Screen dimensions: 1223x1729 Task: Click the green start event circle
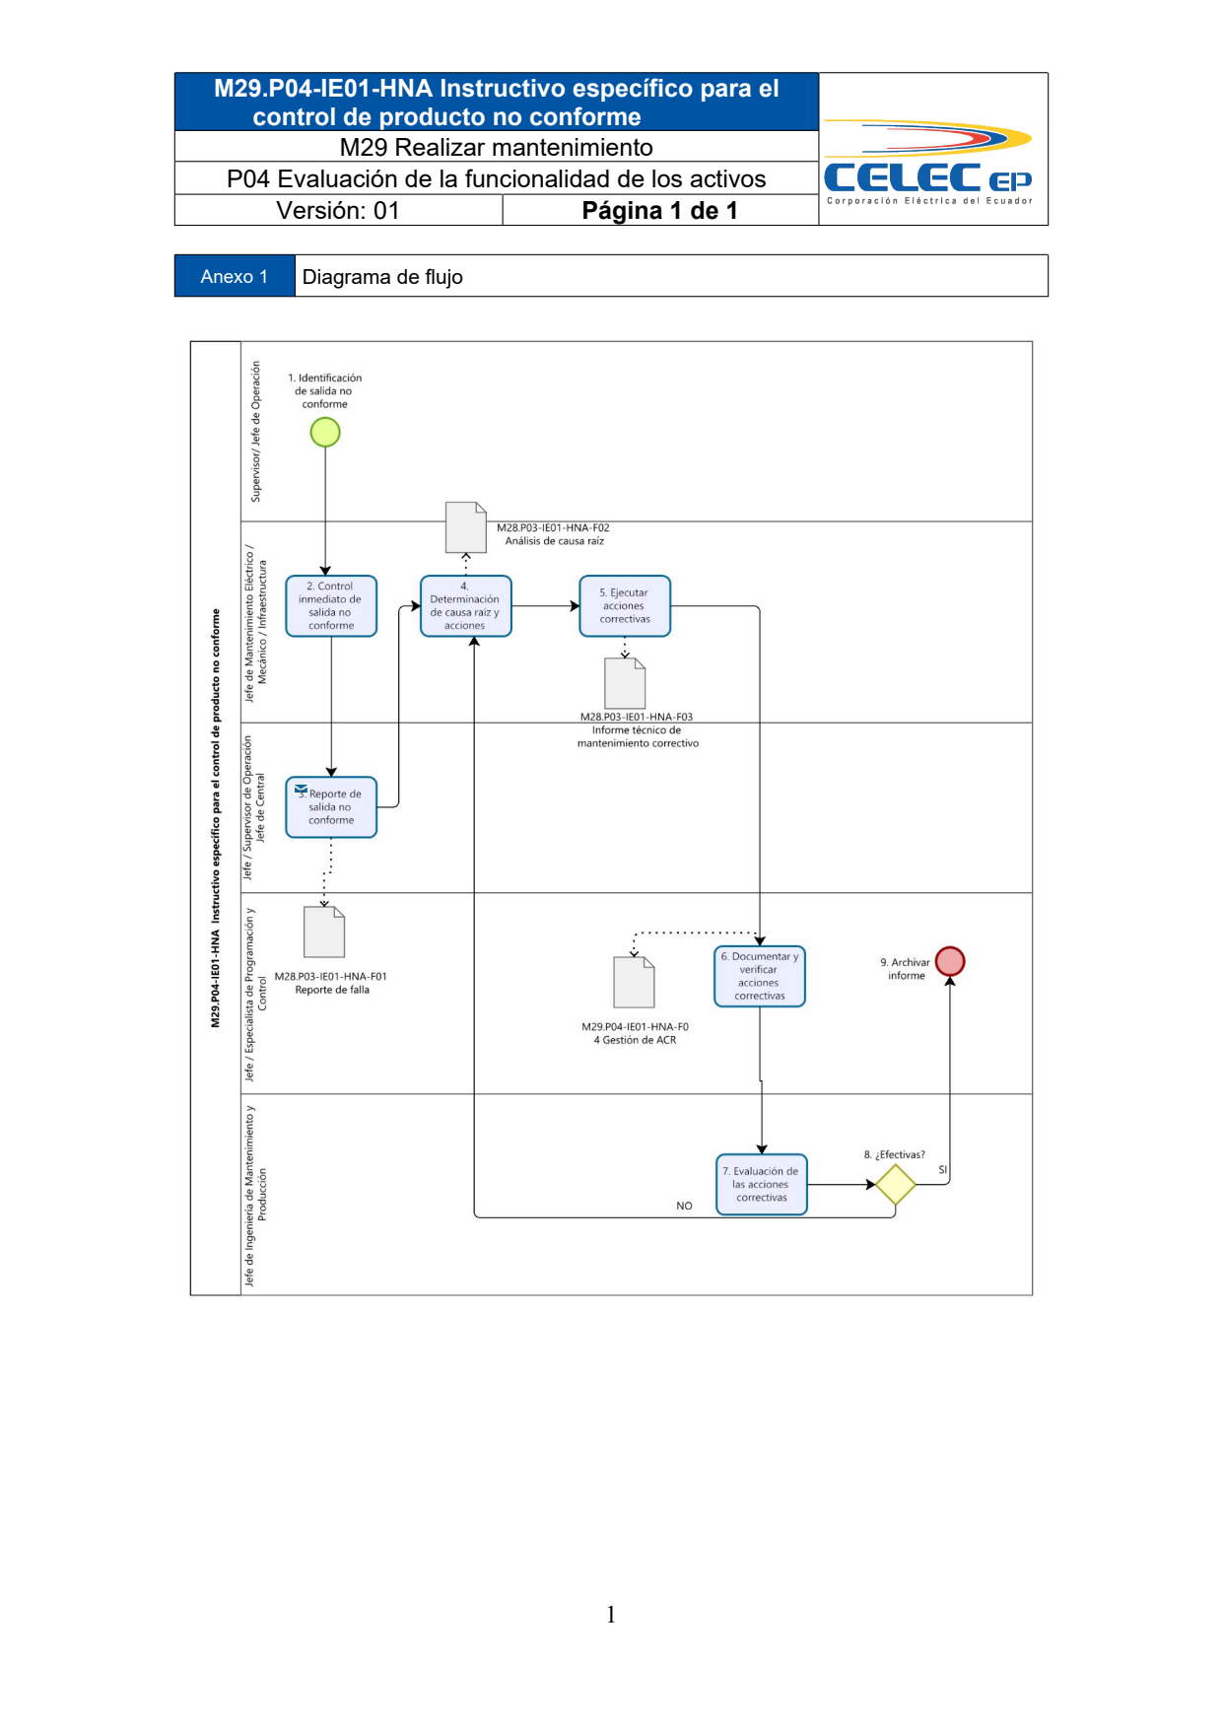pyautogui.click(x=325, y=432)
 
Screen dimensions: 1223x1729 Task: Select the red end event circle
pyautogui.click(x=950, y=961)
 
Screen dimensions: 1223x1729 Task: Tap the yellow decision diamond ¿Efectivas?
pyautogui.click(x=896, y=1185)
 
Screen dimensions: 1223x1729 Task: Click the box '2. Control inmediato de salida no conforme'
pyautogui.click(x=331, y=606)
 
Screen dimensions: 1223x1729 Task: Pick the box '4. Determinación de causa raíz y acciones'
pyautogui.click(x=465, y=606)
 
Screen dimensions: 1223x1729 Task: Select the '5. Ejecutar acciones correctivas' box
pyautogui.click(x=625, y=606)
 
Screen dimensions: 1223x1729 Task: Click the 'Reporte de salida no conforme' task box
pyautogui.click(x=331, y=807)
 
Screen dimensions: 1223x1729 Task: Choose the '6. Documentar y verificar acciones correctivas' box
pyautogui.click(x=760, y=977)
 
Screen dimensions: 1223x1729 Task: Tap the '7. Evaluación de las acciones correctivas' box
pyautogui.click(x=762, y=1185)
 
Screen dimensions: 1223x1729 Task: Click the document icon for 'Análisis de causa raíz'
pyautogui.click(x=466, y=527)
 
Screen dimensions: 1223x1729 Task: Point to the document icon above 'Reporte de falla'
pyautogui.click(x=324, y=933)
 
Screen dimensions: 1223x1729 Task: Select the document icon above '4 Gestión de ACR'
pyautogui.click(x=635, y=982)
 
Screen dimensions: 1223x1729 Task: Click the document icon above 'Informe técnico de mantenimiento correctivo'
pyautogui.click(x=625, y=683)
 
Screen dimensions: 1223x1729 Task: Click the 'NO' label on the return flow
pyautogui.click(x=684, y=1206)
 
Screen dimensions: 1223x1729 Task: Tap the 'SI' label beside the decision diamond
pyautogui.click(x=942, y=1170)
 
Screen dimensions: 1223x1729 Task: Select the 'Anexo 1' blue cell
pyautogui.click(x=235, y=276)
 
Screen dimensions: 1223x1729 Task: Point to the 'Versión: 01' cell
pyautogui.click(x=338, y=210)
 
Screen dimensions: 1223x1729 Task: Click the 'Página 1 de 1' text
pyautogui.click(x=659, y=210)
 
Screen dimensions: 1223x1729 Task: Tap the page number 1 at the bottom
pyautogui.click(x=611, y=1614)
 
